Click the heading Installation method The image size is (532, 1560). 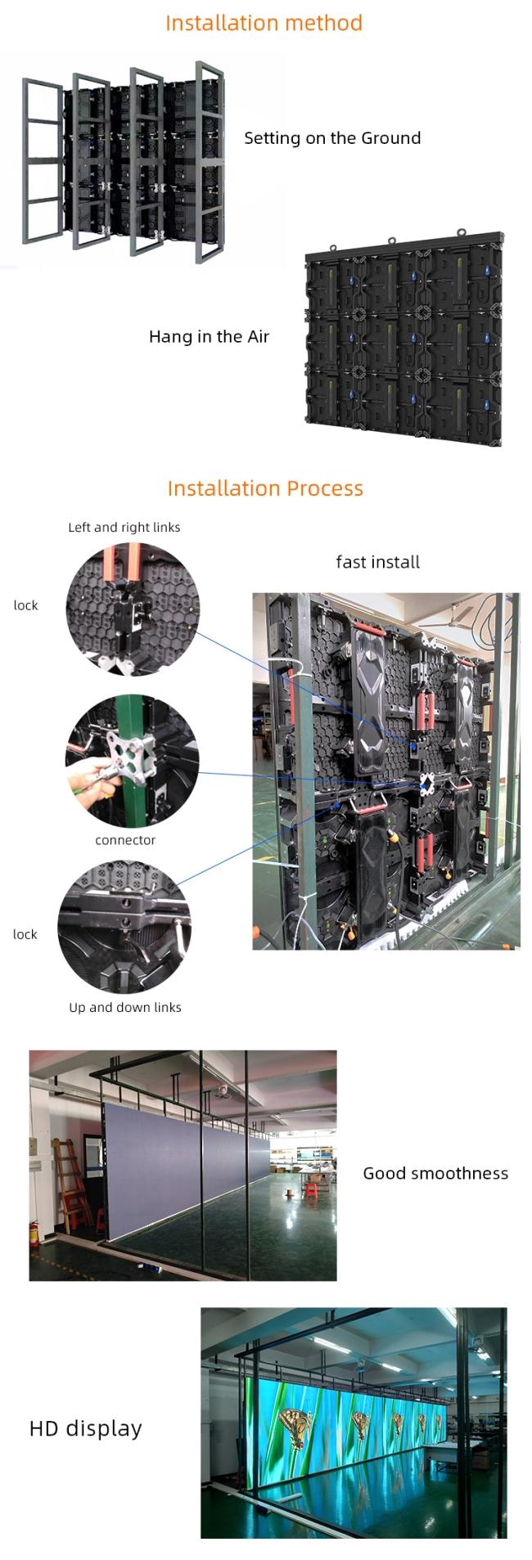(x=264, y=23)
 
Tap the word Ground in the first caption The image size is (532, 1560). (x=390, y=138)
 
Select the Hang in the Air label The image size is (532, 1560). (x=209, y=337)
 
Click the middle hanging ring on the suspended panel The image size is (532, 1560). (x=391, y=241)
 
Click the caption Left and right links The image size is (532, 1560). (x=124, y=528)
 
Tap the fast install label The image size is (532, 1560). (x=377, y=563)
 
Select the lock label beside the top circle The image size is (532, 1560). (x=25, y=605)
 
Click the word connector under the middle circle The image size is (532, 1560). (x=125, y=840)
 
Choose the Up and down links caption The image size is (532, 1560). (x=125, y=1008)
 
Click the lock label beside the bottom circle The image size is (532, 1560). (x=25, y=934)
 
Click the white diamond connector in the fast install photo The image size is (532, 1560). (x=426, y=784)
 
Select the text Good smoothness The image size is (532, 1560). (x=435, y=1174)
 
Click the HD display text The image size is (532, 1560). (x=86, y=1429)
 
